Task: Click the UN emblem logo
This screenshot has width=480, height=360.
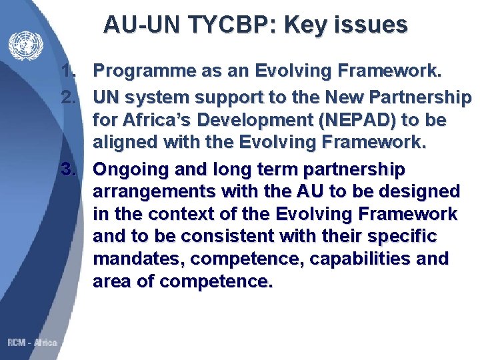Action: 25,46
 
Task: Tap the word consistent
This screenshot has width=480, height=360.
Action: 225,236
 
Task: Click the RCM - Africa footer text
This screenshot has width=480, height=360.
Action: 32,343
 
